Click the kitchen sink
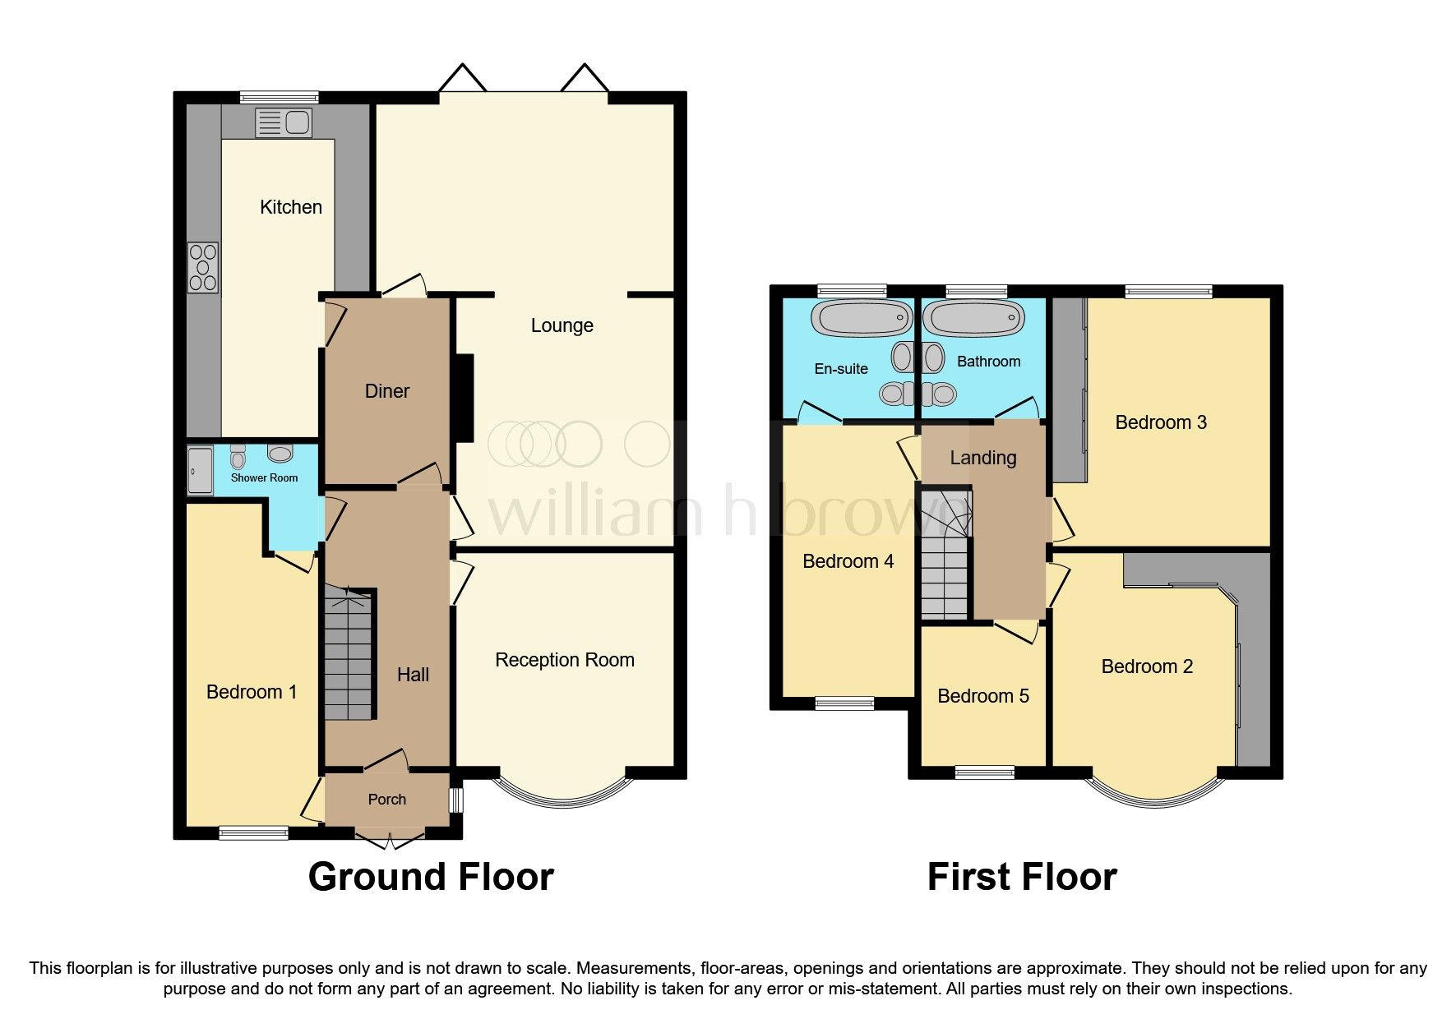pos(284,122)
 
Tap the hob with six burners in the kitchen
pos(203,267)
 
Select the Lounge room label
pos(562,325)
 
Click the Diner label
pos(386,391)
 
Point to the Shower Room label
pos(264,477)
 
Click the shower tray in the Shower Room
pos(200,471)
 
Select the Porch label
pos(386,800)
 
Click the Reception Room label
pos(564,660)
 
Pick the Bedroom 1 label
pos(251,692)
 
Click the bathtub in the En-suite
pos(862,318)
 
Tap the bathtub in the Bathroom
pos(973,318)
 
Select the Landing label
pos(982,458)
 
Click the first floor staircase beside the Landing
pos(945,559)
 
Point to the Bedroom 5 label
pos(982,696)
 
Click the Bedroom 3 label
pos(1160,422)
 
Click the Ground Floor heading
pos(431,877)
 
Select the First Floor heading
pos(1021,877)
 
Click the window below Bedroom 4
pos(844,703)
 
